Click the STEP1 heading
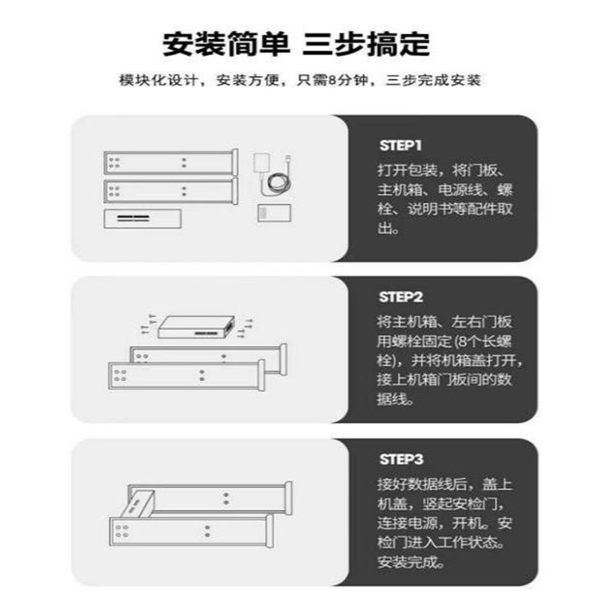400,144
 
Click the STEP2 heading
400,297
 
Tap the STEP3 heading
400,459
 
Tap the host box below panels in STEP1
143,218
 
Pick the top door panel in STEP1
170,163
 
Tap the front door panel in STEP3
187,529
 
